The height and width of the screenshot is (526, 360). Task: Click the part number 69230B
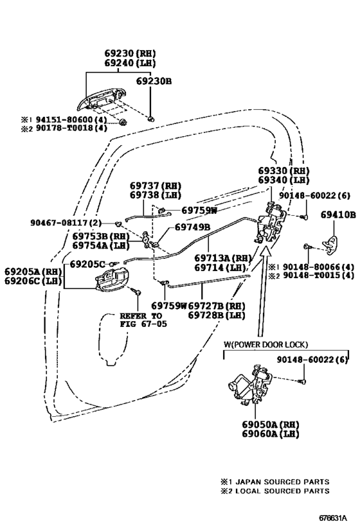pos(154,81)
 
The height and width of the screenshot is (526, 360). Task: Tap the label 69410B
pos(338,215)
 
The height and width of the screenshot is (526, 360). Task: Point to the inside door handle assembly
pos(112,279)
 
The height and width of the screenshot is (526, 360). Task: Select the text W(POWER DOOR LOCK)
pos(265,344)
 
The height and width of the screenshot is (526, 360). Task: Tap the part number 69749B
pos(192,227)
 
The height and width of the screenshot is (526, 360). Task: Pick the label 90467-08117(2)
pos(66,222)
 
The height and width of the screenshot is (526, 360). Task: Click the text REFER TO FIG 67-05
pos(143,320)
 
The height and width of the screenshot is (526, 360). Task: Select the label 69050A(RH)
pos(271,425)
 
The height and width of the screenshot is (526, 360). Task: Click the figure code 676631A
pos(333,518)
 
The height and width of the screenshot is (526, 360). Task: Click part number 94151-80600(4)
pos(71,119)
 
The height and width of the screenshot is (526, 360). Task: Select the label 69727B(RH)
pos(217,306)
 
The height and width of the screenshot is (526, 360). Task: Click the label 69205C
pos(87,264)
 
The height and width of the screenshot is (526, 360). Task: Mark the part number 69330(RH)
pos(283,171)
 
